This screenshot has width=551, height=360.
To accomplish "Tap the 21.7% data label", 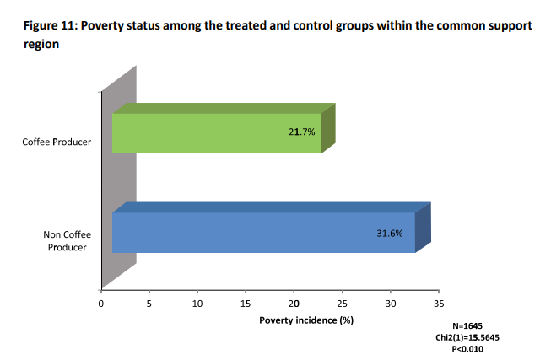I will click(302, 132).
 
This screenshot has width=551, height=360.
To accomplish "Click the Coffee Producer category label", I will click(57, 142).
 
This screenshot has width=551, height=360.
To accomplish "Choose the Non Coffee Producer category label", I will click(67, 240).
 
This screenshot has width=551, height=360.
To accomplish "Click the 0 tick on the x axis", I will click(101, 304).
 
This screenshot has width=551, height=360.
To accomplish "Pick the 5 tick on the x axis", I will click(149, 304).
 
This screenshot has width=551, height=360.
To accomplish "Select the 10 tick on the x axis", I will click(197, 304).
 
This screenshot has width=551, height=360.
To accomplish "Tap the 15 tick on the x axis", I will click(246, 304).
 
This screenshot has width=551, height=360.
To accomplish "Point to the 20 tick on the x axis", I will click(294, 304).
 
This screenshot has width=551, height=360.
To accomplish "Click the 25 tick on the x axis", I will click(342, 304).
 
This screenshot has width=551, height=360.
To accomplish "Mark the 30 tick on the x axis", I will click(391, 304).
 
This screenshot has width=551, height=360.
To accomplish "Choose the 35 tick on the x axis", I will click(439, 304).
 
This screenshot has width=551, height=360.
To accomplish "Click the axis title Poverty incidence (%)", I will click(305, 321).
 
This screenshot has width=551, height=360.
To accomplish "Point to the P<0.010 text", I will click(471, 347).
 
